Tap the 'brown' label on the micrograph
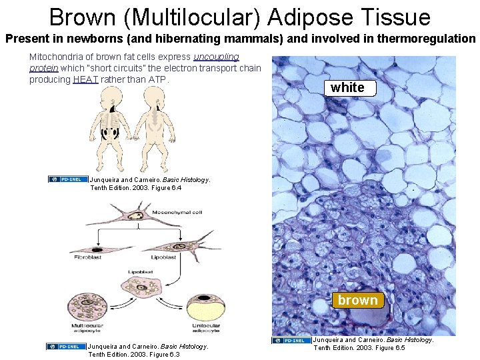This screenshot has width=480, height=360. pos(357,300)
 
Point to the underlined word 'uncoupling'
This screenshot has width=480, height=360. pos(216,57)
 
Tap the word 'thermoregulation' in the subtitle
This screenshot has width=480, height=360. pos(426,39)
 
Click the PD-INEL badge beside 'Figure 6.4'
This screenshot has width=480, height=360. pos(67,179)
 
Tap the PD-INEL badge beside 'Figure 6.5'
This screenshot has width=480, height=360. pos(291,341)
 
